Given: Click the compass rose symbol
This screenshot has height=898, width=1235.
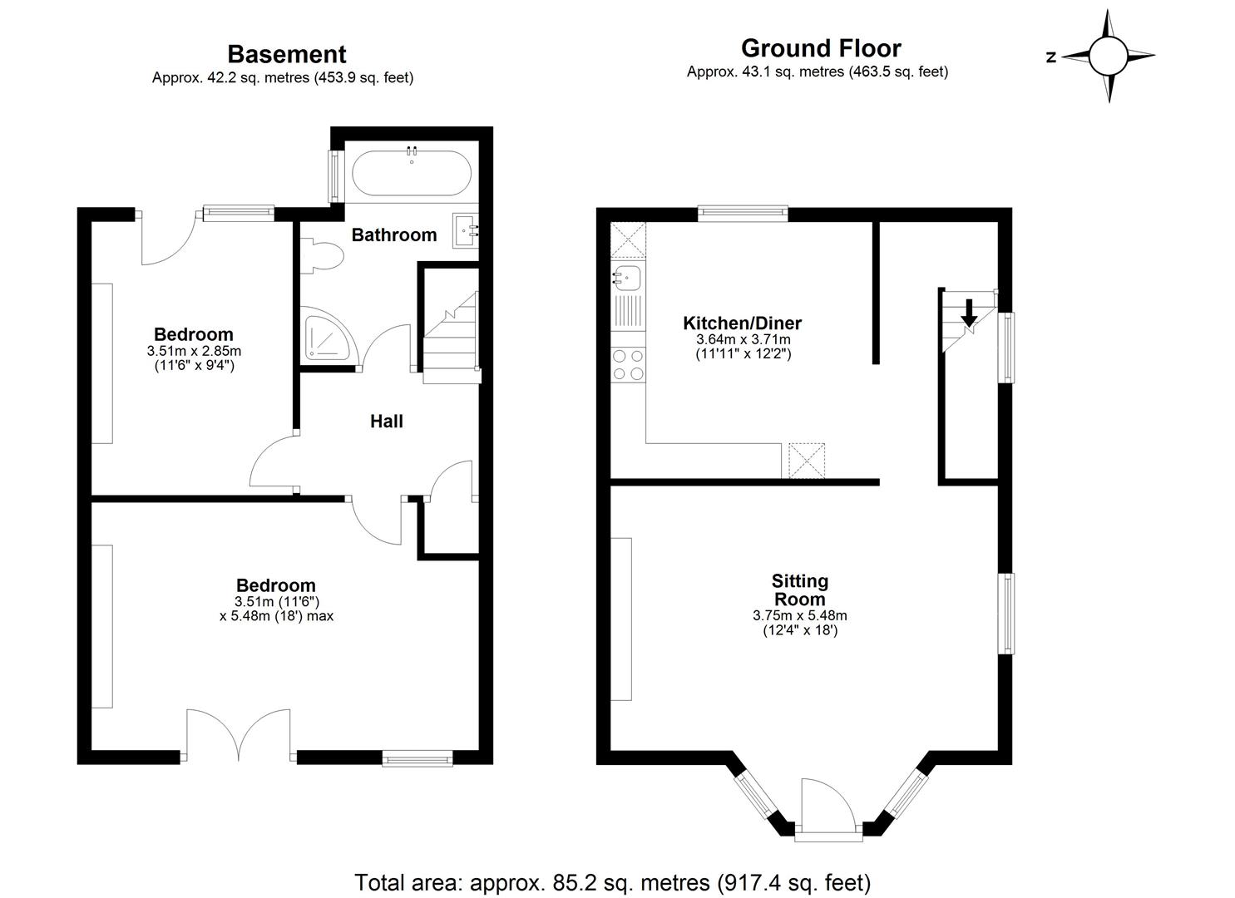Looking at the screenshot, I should pos(1108,57).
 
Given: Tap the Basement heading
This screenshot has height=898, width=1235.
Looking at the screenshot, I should pos(286,54).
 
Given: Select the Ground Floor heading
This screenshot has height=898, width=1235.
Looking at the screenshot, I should pos(820,48).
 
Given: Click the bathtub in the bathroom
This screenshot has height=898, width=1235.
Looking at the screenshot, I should pos(412,173).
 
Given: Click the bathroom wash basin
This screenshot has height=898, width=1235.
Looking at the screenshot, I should pos(466,230).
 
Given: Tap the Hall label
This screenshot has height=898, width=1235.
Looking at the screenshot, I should pos(387,422).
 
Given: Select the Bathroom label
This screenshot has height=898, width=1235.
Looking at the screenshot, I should pos(393,235).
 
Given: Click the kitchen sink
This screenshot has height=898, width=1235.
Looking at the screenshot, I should pos(626,279).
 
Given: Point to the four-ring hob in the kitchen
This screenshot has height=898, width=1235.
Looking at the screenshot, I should pos(628,364).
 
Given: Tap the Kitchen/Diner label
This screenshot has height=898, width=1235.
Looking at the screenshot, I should pos(742,323).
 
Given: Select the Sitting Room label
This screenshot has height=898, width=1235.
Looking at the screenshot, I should pos(799,590).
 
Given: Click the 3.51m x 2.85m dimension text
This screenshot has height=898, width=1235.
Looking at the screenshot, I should pos(194,351).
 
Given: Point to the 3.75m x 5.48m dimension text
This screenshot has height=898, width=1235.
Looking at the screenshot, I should pos(799,616).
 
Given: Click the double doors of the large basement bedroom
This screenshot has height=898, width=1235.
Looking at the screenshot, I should pos(239,735).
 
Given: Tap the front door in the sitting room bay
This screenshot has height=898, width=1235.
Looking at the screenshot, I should pos(827,807).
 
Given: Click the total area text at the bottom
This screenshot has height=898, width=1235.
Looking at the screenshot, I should pos(612,881).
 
